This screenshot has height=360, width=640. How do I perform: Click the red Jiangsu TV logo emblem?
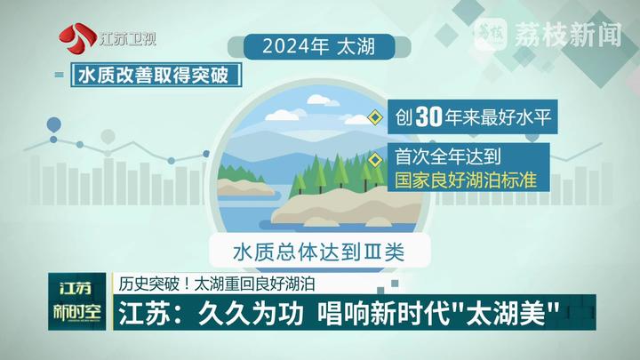(77, 39)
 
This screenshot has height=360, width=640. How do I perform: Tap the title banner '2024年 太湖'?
(319, 46)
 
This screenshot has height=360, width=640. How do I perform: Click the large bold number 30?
(429, 117)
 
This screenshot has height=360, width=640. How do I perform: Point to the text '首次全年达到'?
(448, 156)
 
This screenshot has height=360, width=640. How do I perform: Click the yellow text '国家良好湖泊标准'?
(466, 180)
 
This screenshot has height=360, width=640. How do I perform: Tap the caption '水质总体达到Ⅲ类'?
(319, 252)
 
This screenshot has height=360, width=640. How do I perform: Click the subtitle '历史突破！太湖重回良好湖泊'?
(217, 284)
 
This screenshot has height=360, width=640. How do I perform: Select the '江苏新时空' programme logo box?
(77, 301)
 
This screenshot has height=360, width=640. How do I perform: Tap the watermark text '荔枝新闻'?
(568, 35)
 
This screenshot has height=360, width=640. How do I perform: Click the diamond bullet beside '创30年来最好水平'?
(375, 117)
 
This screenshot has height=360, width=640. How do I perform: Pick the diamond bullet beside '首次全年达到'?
(375, 160)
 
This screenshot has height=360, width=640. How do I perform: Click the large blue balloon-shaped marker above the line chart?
(54, 125)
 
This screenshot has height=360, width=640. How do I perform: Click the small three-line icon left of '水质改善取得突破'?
(60, 75)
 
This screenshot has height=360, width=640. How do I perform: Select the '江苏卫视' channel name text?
(127, 39)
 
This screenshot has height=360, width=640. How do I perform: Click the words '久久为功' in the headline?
(252, 314)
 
